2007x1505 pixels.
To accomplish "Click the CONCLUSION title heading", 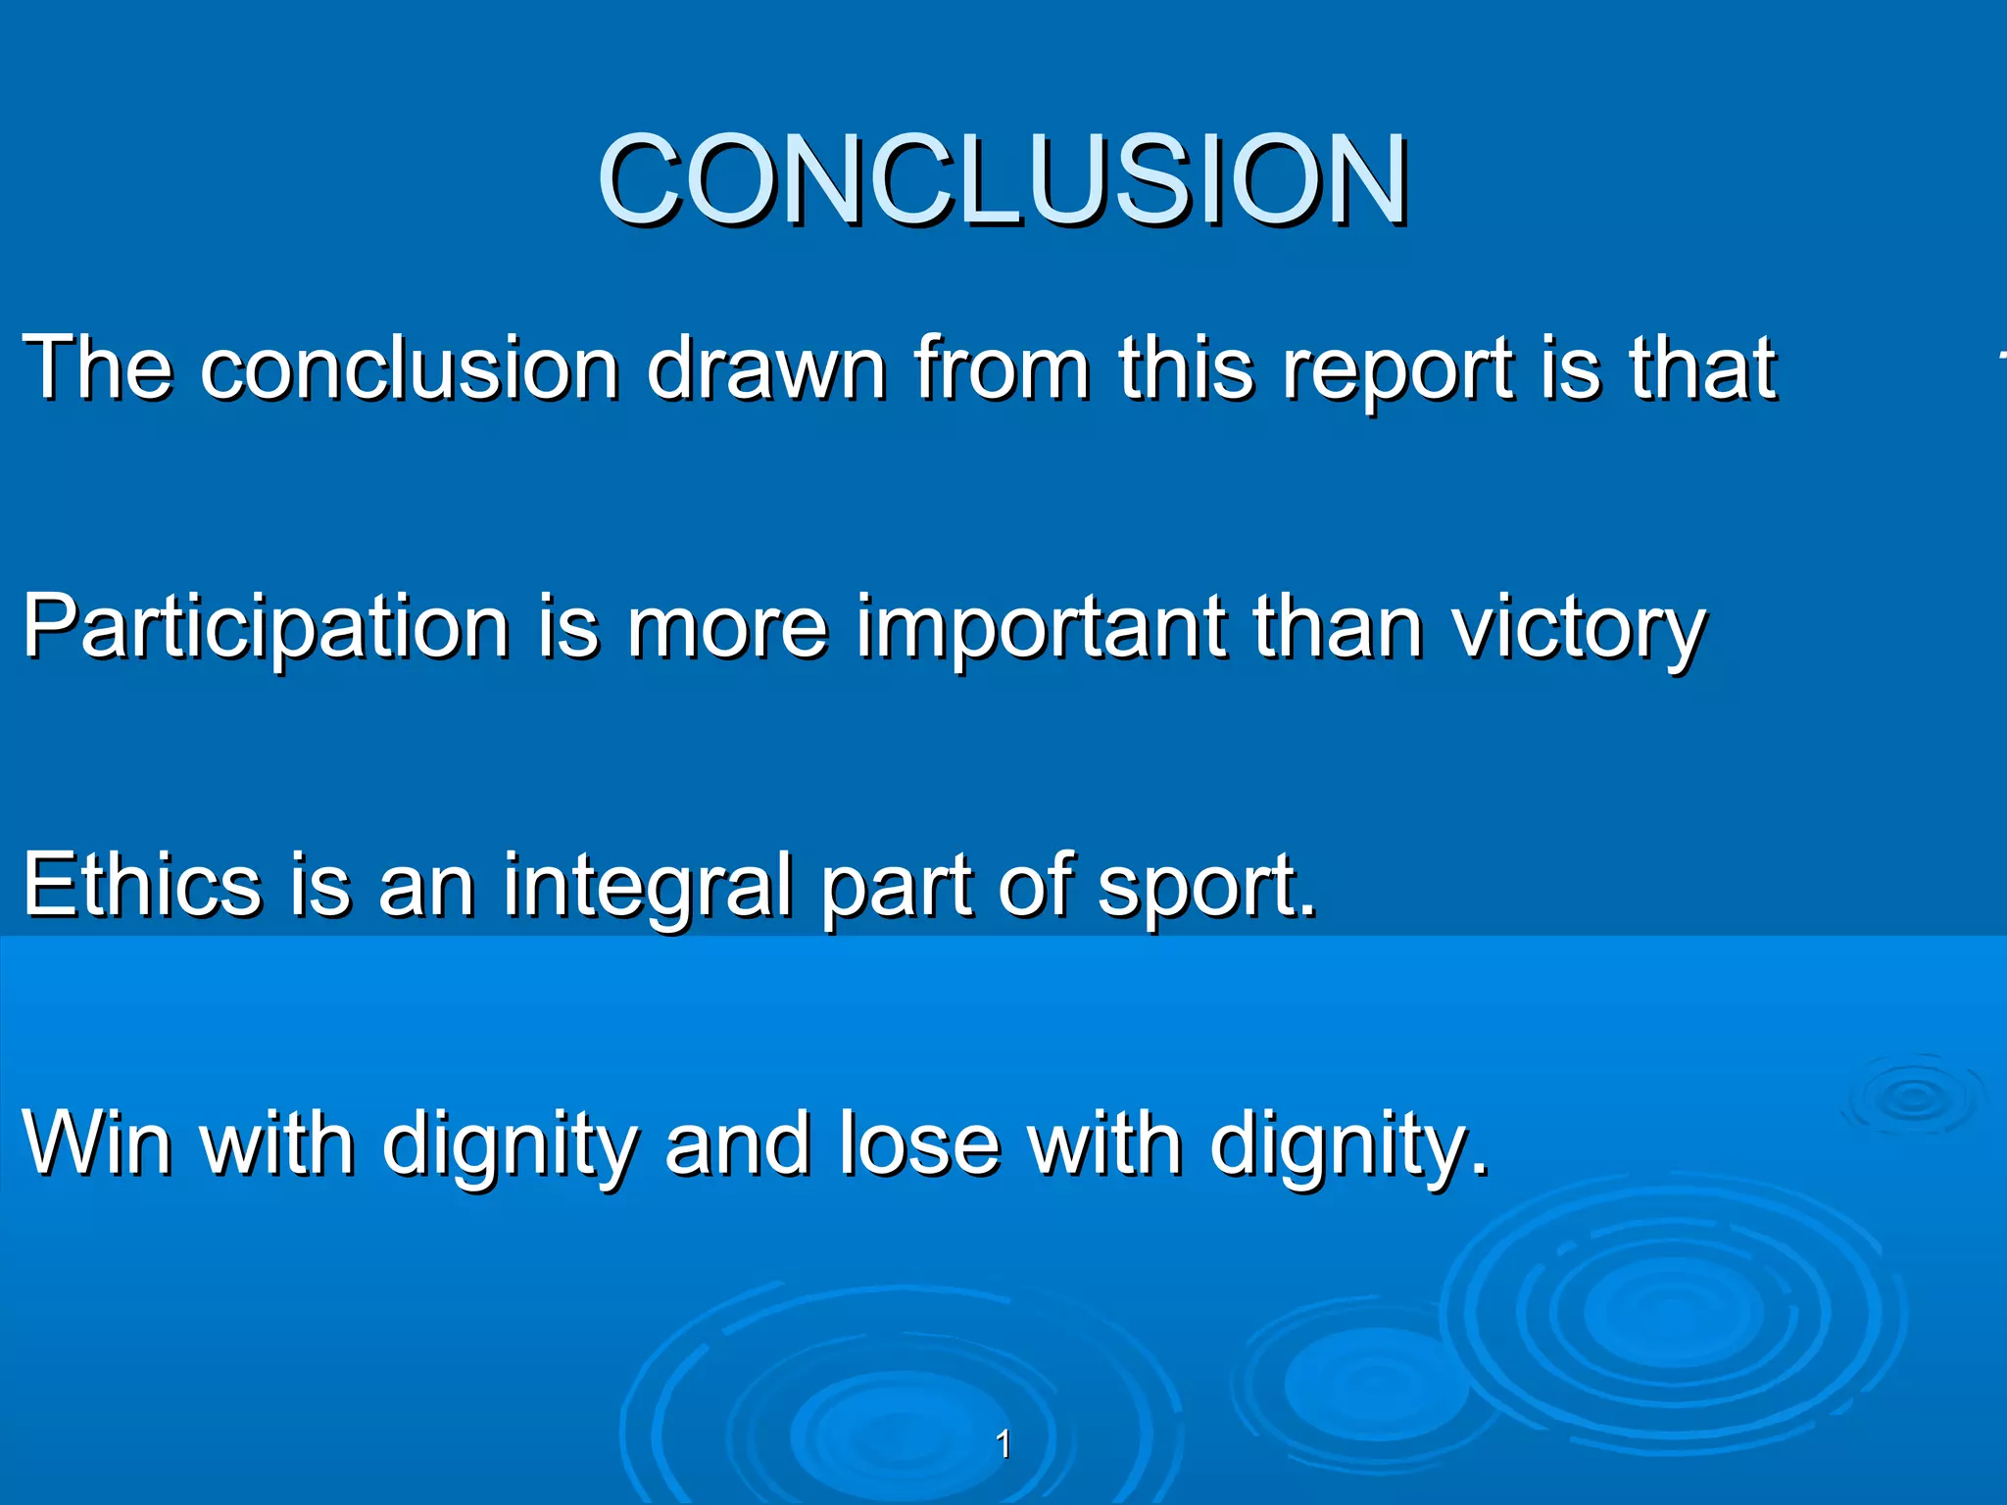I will [1003, 180].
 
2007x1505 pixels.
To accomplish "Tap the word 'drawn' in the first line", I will [766, 369].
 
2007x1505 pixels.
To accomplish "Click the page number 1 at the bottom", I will [1003, 1444].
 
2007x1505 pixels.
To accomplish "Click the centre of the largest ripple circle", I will [1671, 1313].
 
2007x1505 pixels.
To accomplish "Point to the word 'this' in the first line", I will [1186, 369].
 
